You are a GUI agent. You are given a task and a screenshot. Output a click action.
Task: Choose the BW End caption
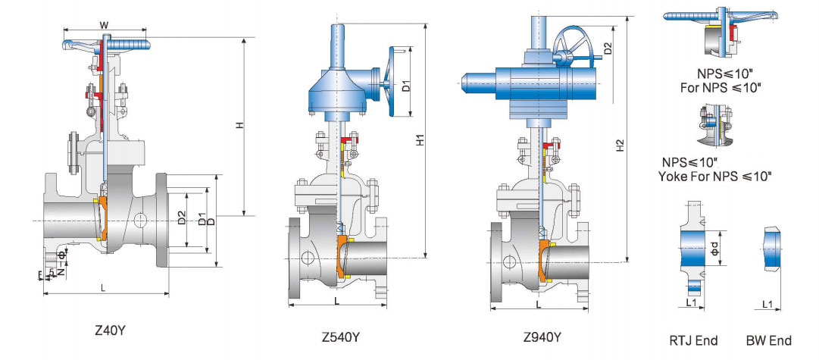coord(769,340)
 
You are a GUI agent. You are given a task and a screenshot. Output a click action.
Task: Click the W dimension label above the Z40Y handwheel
coord(104,24)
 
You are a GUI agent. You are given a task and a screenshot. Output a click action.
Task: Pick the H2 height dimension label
coord(621,145)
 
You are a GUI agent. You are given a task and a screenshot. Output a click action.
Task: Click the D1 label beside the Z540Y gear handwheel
coord(406,85)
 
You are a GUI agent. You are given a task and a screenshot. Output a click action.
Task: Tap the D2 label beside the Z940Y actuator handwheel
coord(608,49)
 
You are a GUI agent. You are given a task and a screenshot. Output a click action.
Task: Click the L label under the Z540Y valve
coord(336,301)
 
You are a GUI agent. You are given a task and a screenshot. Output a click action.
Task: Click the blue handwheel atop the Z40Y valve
coord(104,45)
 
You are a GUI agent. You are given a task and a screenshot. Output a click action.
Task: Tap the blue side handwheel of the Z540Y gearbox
coord(391,83)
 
